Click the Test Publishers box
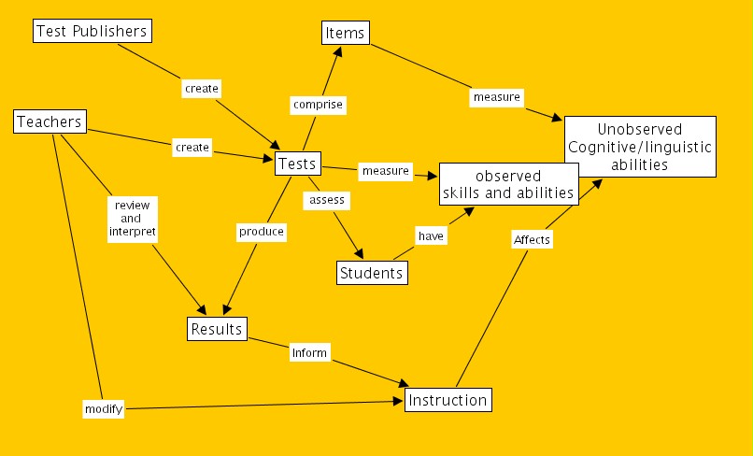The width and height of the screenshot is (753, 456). (x=92, y=31)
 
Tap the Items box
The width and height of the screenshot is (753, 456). (x=345, y=33)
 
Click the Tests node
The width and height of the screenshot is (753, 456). (x=298, y=164)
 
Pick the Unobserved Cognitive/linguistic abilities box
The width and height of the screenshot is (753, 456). (x=640, y=147)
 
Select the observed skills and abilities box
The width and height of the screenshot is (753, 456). (x=508, y=184)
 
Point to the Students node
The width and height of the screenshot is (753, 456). (x=372, y=273)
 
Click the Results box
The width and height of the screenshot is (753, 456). (x=217, y=329)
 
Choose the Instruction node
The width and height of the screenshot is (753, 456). (x=448, y=401)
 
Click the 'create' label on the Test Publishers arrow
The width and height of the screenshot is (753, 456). (x=202, y=89)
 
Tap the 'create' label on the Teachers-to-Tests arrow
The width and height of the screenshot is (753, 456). (x=192, y=148)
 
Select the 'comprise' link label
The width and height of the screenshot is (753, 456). (x=318, y=105)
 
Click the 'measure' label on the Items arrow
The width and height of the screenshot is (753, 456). (x=497, y=96)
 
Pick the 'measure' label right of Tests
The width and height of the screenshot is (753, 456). (x=386, y=171)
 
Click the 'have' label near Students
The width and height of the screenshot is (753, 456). (x=431, y=236)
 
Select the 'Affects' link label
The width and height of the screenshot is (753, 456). (x=533, y=239)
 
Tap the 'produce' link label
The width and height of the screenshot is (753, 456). (x=262, y=231)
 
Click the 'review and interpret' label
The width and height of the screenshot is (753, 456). (x=132, y=218)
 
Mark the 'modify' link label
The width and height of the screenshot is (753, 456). (x=104, y=409)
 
